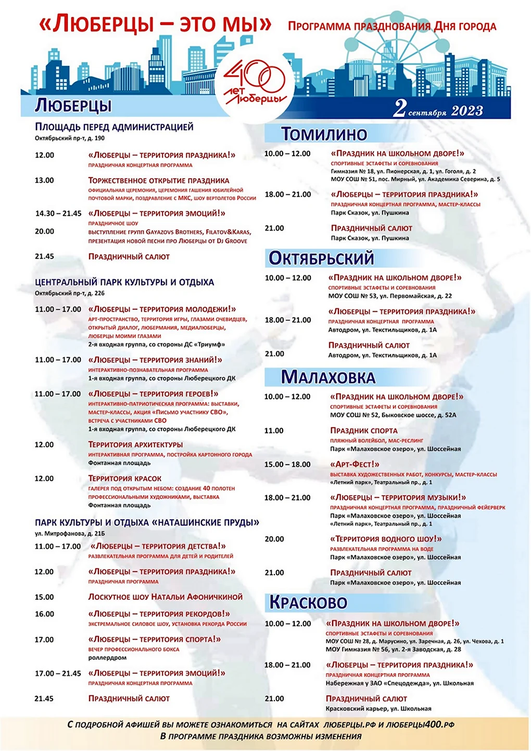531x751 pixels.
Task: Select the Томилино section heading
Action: click(324, 134)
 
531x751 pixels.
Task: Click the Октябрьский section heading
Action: click(321, 258)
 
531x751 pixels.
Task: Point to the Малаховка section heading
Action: click(328, 377)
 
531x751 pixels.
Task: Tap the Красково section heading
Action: click(308, 603)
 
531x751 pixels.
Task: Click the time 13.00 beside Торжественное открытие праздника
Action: click(44, 181)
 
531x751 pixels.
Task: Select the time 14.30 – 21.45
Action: click(58, 213)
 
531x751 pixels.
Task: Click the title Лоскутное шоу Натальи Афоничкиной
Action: click(166, 597)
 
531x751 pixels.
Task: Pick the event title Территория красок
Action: click(125, 478)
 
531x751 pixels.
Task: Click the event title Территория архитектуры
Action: click(135, 444)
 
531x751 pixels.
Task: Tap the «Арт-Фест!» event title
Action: click(355, 464)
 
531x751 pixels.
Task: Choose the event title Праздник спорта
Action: click(364, 430)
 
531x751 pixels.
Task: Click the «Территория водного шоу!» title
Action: click(386, 539)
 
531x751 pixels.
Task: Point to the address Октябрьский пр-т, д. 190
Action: click(70, 138)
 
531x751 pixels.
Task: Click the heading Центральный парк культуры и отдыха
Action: click(124, 282)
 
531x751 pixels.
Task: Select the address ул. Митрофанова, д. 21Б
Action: click(70, 533)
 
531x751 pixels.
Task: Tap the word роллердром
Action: click(107, 658)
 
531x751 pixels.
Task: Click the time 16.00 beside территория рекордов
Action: click(44, 614)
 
